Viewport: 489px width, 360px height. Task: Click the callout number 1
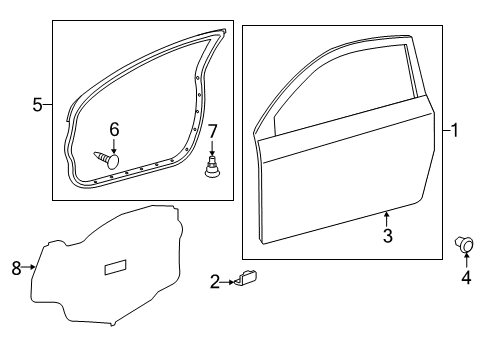(454, 130)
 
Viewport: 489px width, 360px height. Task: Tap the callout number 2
(215, 282)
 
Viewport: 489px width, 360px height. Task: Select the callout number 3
(387, 236)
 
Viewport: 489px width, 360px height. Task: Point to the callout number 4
(466, 277)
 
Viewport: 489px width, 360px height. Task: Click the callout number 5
(38, 105)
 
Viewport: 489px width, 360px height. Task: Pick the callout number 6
(114, 129)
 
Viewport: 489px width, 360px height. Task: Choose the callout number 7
(212, 131)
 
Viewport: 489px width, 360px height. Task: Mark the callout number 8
(16, 268)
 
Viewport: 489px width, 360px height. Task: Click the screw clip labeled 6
(106, 160)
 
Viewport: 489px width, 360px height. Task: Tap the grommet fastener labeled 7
(212, 166)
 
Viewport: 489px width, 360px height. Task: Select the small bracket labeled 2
(247, 277)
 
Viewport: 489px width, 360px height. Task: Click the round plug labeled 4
(464, 244)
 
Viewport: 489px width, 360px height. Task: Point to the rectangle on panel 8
(116, 267)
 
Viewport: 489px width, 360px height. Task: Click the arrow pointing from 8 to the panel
(29, 267)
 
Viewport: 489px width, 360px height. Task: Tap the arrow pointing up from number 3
(387, 219)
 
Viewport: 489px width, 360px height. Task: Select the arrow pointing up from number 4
(466, 261)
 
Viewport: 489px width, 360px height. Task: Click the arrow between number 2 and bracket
(228, 282)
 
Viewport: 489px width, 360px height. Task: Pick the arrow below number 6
(114, 146)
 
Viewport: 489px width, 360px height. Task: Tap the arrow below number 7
(212, 147)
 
